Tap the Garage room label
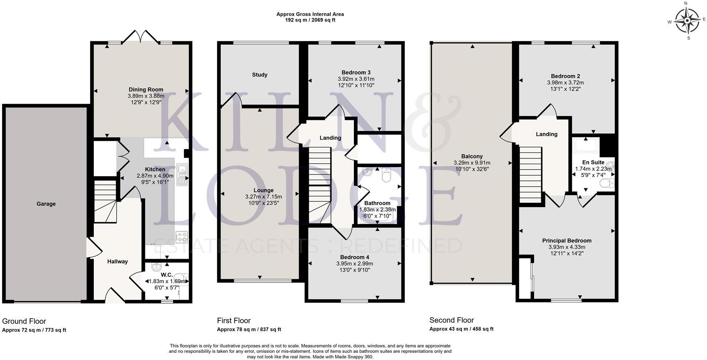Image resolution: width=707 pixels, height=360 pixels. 46,204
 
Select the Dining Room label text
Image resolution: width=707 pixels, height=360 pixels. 146,90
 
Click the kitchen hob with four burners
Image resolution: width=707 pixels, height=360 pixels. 182,237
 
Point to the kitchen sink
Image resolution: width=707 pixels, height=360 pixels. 182,174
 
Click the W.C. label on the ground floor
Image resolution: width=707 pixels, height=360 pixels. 167,275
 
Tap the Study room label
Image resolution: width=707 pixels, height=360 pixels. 260,75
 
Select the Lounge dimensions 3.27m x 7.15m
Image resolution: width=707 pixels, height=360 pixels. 263,197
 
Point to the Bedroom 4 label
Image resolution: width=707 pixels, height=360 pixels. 354,257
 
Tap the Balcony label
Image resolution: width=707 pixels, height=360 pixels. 472,157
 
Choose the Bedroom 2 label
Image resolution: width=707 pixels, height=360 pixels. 565,76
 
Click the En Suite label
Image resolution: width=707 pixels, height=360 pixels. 593,162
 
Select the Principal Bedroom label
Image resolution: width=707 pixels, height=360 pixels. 567,240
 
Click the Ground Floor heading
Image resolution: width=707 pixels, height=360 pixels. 24,321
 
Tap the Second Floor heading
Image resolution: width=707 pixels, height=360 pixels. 451,320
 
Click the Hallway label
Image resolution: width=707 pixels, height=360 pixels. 118,262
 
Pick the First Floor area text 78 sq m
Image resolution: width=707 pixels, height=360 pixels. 249,330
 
